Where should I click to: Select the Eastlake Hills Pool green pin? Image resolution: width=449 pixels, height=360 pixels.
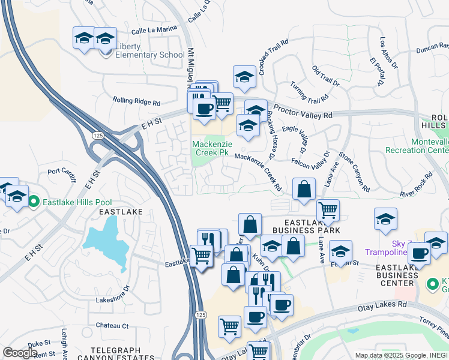click(x=35, y=202)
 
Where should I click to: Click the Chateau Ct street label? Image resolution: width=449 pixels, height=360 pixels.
click(x=112, y=326)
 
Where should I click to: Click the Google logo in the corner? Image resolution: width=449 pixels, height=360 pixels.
click(x=20, y=353)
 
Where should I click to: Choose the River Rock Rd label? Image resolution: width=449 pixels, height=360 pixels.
click(x=417, y=185)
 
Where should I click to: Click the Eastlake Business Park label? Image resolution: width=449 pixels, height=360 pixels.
click(x=306, y=226)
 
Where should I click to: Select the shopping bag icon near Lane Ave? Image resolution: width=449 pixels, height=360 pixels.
click(x=304, y=189)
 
